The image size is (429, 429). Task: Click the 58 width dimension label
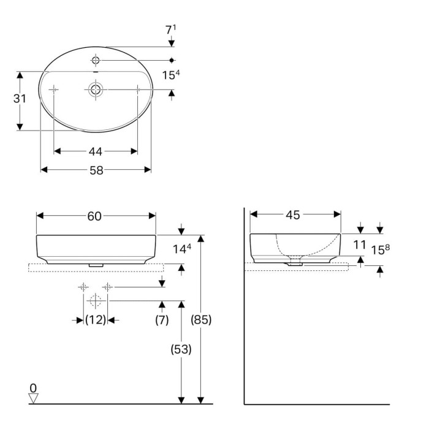(x=96, y=170)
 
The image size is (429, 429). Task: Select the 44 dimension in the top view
(x=96, y=151)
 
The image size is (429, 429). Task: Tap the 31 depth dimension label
(x=20, y=99)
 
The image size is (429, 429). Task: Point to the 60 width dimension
(x=94, y=216)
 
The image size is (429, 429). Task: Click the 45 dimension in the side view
(x=293, y=215)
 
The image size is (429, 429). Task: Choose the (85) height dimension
(x=201, y=319)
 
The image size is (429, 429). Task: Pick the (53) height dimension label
(x=181, y=349)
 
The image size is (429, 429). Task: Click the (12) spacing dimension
(x=96, y=319)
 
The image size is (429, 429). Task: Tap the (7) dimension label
(x=162, y=320)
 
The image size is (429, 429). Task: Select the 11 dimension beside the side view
(x=360, y=245)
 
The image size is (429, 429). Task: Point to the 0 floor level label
(x=33, y=388)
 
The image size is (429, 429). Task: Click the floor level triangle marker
(x=33, y=398)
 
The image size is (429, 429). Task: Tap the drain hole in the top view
(x=96, y=89)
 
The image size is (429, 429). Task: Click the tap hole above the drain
(x=96, y=60)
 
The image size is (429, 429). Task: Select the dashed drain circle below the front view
(x=96, y=301)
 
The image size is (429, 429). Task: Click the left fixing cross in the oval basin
(x=54, y=89)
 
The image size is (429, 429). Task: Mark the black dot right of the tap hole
(x=172, y=60)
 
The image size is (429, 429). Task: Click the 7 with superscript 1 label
(x=171, y=30)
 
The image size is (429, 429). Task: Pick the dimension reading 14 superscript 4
(x=182, y=249)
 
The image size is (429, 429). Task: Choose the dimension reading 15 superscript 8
(x=381, y=249)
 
